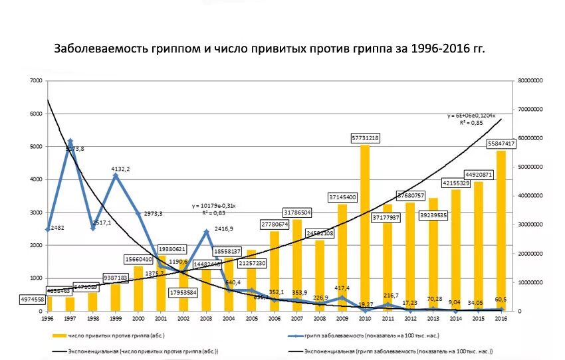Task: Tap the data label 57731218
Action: tap(366, 137)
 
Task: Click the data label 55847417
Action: tap(501, 143)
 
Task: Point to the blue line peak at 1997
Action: tap(70, 141)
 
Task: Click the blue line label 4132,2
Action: tap(121, 169)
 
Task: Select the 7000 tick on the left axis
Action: tap(35, 81)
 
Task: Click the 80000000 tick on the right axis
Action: tap(532, 81)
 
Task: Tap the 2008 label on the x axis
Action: tap(320, 318)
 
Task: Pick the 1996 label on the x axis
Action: tap(47, 318)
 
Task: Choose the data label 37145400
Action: tap(342, 197)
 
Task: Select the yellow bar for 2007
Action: tap(297, 265)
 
